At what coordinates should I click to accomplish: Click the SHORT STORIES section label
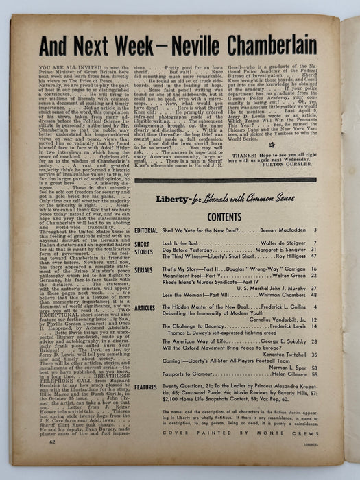[146, 251]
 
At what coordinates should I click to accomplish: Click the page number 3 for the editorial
[315, 230]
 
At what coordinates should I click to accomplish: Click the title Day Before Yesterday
[197, 250]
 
